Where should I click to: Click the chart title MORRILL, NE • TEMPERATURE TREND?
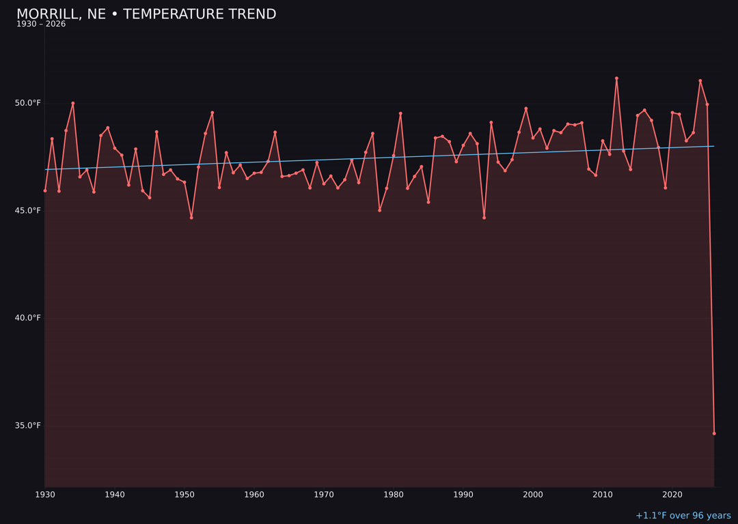click(x=146, y=14)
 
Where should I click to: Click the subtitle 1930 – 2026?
click(x=41, y=25)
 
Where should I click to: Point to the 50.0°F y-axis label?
click(x=28, y=103)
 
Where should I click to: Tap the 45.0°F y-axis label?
click(x=28, y=210)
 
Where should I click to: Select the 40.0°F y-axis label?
click(x=28, y=318)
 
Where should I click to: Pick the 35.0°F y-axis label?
click(x=28, y=426)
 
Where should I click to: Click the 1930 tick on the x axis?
click(x=45, y=494)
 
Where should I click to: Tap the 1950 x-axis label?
click(x=184, y=494)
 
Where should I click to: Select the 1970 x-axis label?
click(x=324, y=494)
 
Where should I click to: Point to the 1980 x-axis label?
click(x=394, y=494)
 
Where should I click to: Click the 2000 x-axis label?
click(x=533, y=494)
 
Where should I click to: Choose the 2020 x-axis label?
click(x=672, y=494)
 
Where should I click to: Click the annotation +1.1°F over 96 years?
click(x=683, y=516)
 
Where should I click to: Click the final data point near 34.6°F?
click(x=714, y=433)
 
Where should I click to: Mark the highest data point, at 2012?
click(x=616, y=78)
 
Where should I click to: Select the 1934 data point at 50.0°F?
click(x=73, y=103)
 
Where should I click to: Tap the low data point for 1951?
click(x=191, y=218)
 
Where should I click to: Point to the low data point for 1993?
click(x=484, y=218)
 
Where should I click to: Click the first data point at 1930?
click(x=45, y=191)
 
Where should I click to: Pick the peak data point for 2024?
click(x=700, y=81)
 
